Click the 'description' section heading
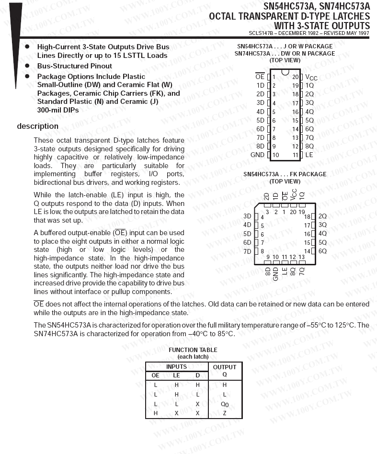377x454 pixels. tap(38, 126)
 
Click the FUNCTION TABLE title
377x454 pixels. tap(193, 350)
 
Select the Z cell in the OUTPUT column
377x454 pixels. tap(224, 413)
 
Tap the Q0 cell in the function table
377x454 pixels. tap(224, 404)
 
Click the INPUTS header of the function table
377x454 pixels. tap(176, 367)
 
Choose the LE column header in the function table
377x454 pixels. tap(176, 375)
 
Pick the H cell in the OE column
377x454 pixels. tap(155, 413)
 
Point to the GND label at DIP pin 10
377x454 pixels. tap(257, 155)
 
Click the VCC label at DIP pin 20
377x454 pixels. tap(311, 77)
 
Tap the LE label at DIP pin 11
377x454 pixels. tap(309, 155)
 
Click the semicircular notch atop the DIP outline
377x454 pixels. tap(285, 72)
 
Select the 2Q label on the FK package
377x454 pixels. tap(322, 216)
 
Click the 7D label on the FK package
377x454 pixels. tap(247, 251)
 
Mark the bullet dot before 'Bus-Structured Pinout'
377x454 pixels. tap(27, 66)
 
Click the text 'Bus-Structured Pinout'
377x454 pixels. tap(75, 66)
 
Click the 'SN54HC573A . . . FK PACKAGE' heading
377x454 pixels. tap(285, 174)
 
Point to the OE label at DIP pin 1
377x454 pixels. tap(260, 77)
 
